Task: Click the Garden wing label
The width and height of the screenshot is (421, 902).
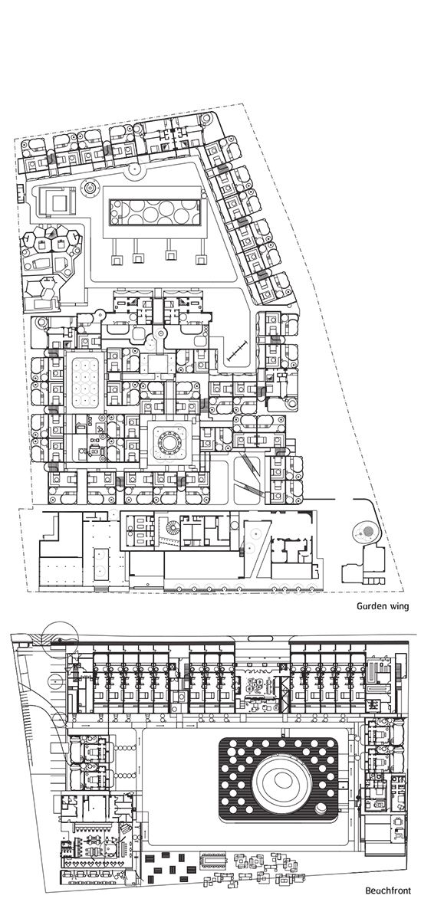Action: click(x=383, y=606)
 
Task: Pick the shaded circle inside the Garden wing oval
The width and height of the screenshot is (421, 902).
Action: click(x=361, y=533)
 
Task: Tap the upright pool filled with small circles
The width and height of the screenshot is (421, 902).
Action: click(x=85, y=382)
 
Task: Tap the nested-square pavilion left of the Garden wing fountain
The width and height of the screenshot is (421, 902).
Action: click(x=57, y=202)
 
